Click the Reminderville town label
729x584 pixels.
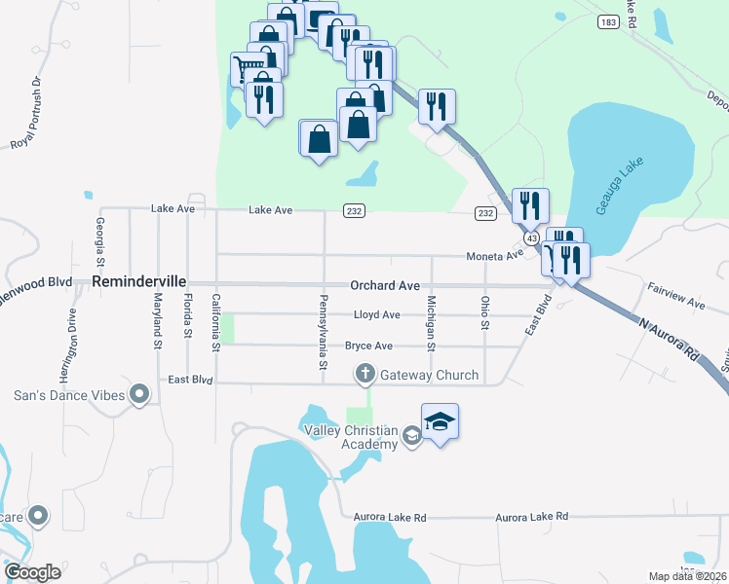(139, 280)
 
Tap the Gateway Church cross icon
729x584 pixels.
(365, 374)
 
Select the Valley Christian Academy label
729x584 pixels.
(351, 438)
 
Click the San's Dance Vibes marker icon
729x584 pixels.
(139, 394)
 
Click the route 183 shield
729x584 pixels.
(609, 21)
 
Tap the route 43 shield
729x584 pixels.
(531, 237)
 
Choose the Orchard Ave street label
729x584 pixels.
(385, 286)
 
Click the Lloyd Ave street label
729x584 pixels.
(376, 315)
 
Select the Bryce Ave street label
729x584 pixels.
(368, 346)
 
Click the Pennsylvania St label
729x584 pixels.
(323, 331)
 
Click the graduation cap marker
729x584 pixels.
(440, 421)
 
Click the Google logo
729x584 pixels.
(32, 572)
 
